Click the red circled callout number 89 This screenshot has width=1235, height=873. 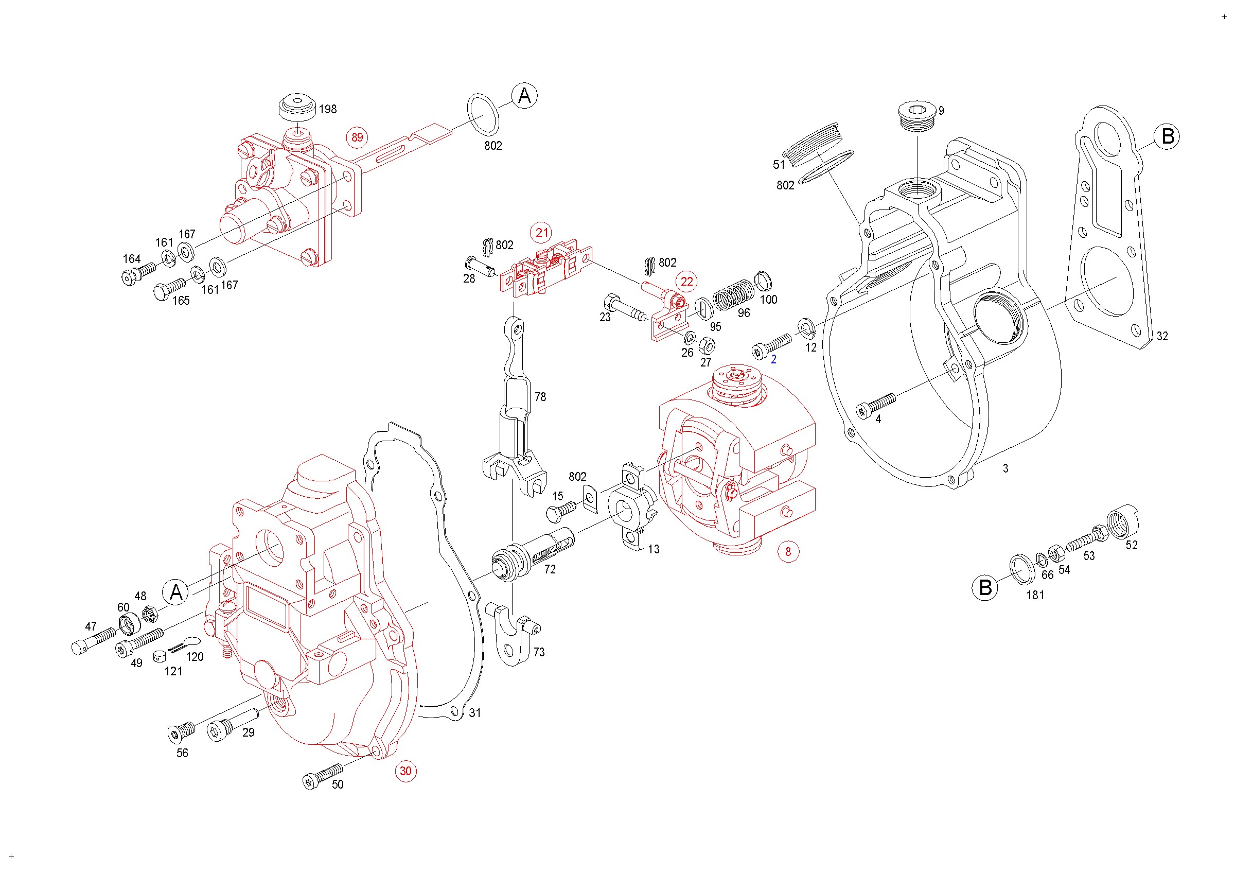click(x=357, y=137)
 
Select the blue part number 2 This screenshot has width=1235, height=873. click(x=773, y=359)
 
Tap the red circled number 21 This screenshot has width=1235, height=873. click(x=542, y=232)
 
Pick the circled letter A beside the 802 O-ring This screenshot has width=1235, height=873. click(x=524, y=96)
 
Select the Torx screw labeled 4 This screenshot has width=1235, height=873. click(x=876, y=405)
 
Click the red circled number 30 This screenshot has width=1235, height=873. click(x=405, y=771)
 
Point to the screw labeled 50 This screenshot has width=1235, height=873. click(x=323, y=776)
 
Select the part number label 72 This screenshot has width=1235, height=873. click(x=550, y=569)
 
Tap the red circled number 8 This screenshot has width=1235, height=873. click(x=788, y=551)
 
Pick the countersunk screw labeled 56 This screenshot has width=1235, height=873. click(x=182, y=731)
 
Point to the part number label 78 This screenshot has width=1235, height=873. click(x=540, y=397)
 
